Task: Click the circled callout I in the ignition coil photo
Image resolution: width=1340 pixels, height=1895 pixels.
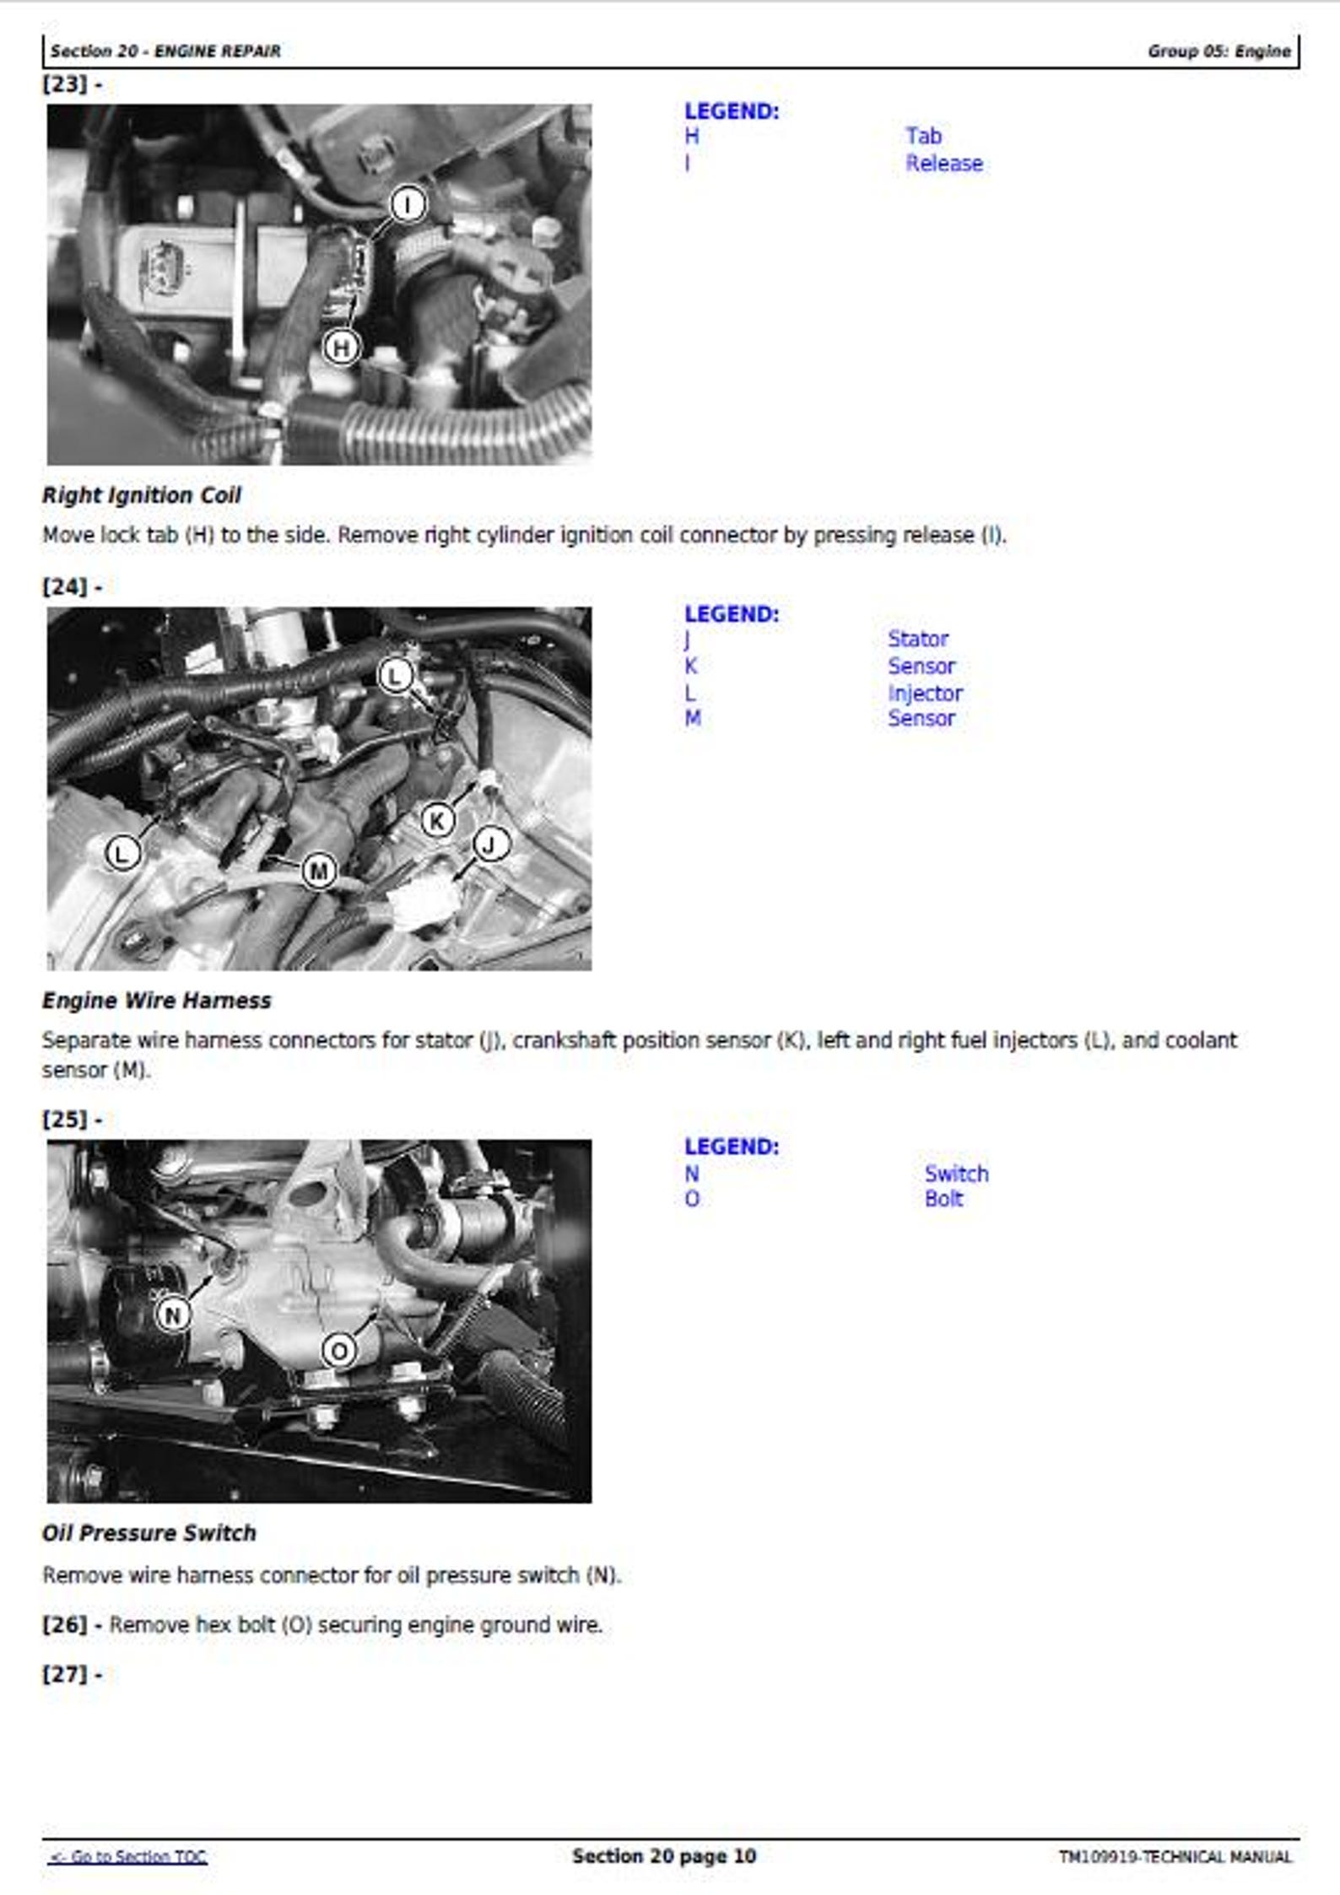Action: (408, 204)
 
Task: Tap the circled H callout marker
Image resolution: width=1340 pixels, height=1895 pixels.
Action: (341, 348)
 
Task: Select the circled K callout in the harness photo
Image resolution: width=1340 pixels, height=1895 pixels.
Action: (437, 820)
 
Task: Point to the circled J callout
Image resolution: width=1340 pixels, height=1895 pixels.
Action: (491, 844)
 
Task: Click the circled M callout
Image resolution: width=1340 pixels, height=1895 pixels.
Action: (319, 871)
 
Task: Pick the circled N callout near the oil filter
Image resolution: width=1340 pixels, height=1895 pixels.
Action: (173, 1315)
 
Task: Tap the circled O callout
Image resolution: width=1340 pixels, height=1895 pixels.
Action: (339, 1351)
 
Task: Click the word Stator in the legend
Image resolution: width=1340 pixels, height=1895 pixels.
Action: (917, 639)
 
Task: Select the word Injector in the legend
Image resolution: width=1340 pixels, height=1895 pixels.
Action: (925, 693)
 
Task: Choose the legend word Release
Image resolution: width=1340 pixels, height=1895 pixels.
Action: (944, 163)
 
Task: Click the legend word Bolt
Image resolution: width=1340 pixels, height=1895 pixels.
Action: (943, 1199)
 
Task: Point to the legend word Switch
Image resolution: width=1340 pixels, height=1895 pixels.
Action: (956, 1173)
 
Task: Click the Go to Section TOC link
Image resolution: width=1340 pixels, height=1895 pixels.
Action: (128, 1856)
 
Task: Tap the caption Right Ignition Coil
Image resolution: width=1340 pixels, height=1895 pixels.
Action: (142, 495)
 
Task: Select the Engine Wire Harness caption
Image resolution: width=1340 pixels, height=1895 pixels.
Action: (157, 1000)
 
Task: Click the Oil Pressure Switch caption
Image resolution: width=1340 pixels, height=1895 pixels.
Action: (149, 1533)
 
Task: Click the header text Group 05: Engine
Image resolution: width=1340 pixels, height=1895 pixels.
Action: (1218, 51)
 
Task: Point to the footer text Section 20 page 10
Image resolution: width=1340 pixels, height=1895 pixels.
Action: (664, 1855)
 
